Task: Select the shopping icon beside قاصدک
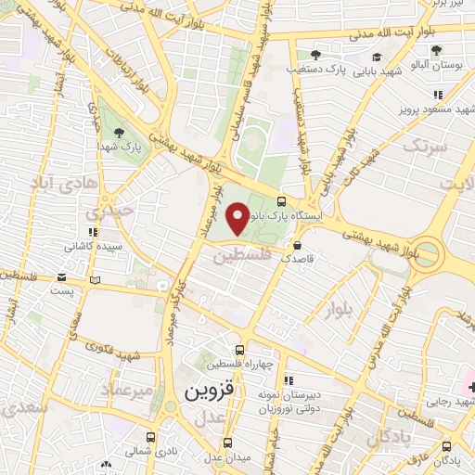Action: (x=297, y=247)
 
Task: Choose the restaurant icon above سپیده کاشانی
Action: (x=92, y=231)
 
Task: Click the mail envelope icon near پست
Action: (x=61, y=276)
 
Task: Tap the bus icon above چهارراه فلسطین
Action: (x=240, y=351)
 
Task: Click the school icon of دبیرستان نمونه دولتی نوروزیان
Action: (x=289, y=379)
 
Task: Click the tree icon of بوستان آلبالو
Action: (x=436, y=50)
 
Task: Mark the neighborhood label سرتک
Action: (x=423, y=146)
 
